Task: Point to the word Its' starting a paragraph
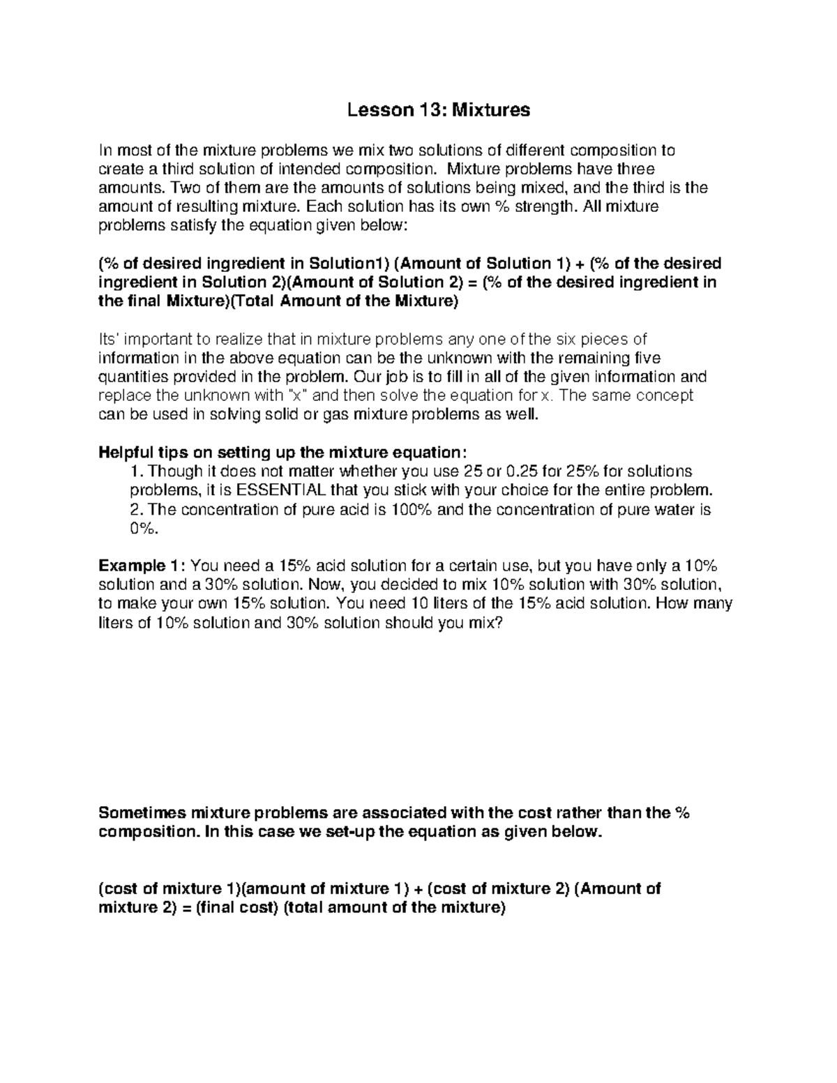112,340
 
